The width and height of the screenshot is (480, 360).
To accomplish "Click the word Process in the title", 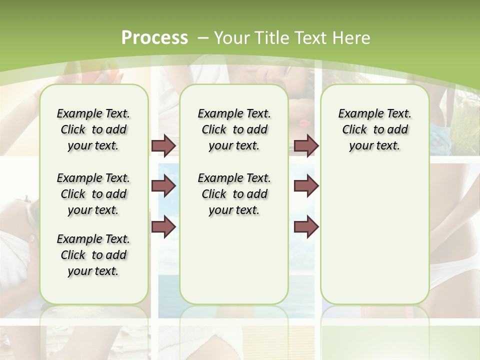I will point(154,38).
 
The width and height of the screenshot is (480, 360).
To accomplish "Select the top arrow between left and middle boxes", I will point(163,145).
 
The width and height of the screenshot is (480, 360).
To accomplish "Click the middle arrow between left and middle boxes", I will point(163,186).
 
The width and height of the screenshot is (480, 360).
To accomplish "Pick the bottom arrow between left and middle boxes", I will point(163,226).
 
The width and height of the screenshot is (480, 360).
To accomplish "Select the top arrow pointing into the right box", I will point(306,145).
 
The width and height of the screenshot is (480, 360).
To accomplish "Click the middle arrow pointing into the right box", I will point(306,186).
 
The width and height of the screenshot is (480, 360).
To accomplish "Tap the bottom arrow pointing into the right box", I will point(306,226).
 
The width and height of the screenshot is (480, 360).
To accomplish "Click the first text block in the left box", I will point(93,129).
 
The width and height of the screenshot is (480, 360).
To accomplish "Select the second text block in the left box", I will point(93,194).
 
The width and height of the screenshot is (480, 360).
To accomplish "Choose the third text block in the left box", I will point(93,255).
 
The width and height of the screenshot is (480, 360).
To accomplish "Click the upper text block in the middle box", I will point(234,129).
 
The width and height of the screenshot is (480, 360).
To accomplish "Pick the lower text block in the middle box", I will point(234,194).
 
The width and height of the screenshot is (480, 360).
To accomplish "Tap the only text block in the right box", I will point(375,129).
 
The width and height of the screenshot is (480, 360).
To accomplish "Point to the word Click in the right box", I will point(354,130).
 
